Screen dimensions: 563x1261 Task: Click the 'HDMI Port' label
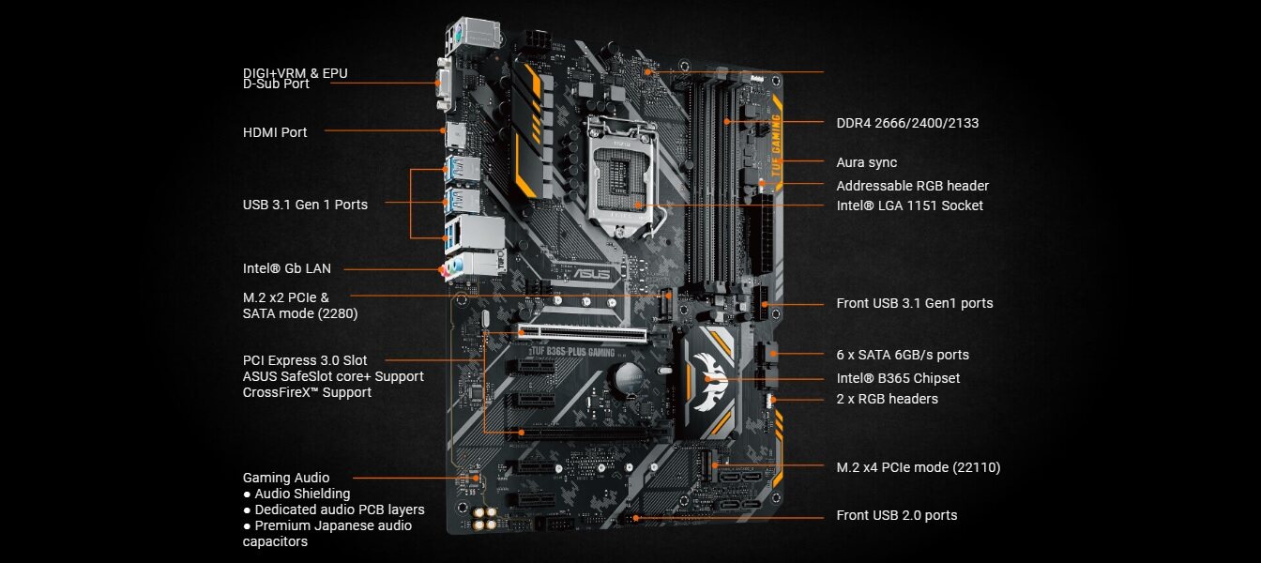pyautogui.click(x=275, y=132)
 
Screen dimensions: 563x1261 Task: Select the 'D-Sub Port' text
pyautogui.click(x=276, y=84)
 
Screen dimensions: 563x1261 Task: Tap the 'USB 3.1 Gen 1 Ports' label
pyautogui.click(x=305, y=204)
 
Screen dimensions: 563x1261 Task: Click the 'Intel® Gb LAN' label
pyautogui.click(x=286, y=268)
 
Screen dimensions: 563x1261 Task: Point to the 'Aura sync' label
pyautogui.click(x=866, y=162)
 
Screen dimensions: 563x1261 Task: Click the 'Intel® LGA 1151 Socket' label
pyautogui.click(x=909, y=205)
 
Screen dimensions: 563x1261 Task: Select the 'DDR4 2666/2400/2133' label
pyautogui.click(x=901, y=123)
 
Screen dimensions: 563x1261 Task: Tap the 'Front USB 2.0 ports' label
pyautogui.click(x=896, y=515)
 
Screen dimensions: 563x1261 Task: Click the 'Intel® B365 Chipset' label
pyautogui.click(x=898, y=378)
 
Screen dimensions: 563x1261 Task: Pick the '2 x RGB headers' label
pyautogui.click(x=887, y=399)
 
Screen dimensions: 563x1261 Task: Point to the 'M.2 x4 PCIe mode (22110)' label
pyautogui.click(x=918, y=466)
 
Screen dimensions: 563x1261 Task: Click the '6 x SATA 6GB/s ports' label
pyautogui.click(x=903, y=355)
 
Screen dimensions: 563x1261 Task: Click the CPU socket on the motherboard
pyautogui.click(x=623, y=174)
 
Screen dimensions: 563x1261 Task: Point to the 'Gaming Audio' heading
pyautogui.click(x=286, y=478)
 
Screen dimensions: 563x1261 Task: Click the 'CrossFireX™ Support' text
pyautogui.click(x=307, y=392)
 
